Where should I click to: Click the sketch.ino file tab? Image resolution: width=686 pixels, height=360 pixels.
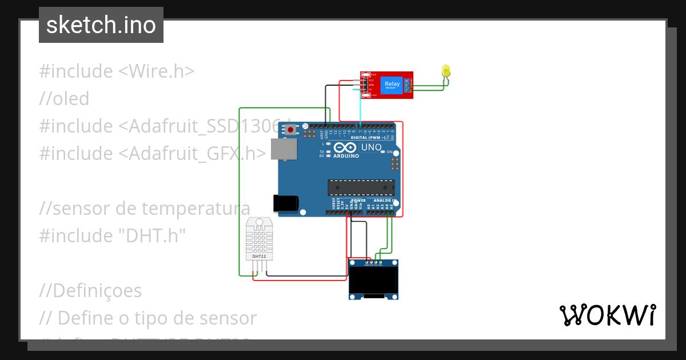[x=101, y=25]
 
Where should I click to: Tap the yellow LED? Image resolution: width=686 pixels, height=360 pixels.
[x=446, y=71]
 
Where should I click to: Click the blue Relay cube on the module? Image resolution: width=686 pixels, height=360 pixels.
[x=392, y=85]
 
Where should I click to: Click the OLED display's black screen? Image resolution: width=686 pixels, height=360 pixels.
[x=373, y=279]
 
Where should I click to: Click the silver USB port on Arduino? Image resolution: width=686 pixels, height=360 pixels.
[x=284, y=150]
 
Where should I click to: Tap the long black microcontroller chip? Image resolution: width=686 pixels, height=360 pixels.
[x=361, y=187]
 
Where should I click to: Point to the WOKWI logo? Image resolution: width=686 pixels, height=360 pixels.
[x=607, y=315]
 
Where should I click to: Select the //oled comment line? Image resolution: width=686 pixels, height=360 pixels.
[x=64, y=99]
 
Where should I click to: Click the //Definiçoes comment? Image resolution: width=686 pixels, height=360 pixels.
[x=90, y=290]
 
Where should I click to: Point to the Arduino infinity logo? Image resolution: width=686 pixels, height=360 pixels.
[x=345, y=147]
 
